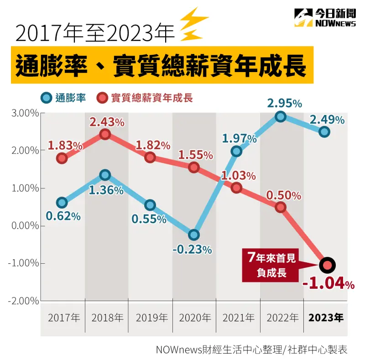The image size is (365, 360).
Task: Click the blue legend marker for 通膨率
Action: [x=46, y=98]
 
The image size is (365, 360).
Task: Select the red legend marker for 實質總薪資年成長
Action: [x=103, y=98]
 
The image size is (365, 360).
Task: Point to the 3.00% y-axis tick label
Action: [x=23, y=113]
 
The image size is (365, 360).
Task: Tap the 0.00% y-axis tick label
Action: [x=23, y=226]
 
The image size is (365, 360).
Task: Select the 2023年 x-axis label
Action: [x=326, y=318]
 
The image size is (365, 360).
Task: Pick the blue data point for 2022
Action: [x=281, y=116]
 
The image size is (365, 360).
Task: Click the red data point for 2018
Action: [x=105, y=134]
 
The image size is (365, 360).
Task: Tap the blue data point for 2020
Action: [x=194, y=235]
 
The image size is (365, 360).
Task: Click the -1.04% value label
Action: [x=328, y=284]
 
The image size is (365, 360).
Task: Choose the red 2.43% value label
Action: [x=107, y=122]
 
